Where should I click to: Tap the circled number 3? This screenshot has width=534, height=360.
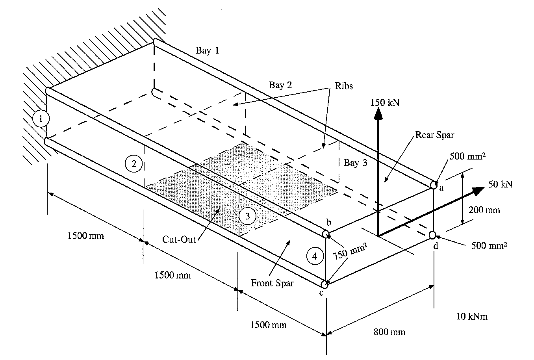click(x=247, y=216)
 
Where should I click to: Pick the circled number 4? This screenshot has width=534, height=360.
click(x=314, y=256)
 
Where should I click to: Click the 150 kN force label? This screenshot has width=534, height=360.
click(x=385, y=103)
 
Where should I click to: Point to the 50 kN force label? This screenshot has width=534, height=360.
click(x=500, y=184)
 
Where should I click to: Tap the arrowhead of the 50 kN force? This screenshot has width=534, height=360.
click(x=479, y=190)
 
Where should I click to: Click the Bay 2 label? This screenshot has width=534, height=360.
click(x=280, y=85)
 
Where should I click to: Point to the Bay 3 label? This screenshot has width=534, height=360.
click(x=355, y=163)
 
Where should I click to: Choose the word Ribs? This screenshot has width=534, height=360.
click(x=344, y=86)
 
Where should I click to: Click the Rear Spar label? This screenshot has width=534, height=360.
click(x=434, y=135)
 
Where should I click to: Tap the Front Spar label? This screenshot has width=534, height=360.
click(x=272, y=283)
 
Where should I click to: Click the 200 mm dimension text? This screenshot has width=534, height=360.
click(x=484, y=210)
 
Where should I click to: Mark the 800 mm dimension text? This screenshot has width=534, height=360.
click(x=389, y=332)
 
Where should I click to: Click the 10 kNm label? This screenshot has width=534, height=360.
click(x=472, y=316)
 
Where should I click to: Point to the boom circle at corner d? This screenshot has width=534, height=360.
click(x=432, y=235)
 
